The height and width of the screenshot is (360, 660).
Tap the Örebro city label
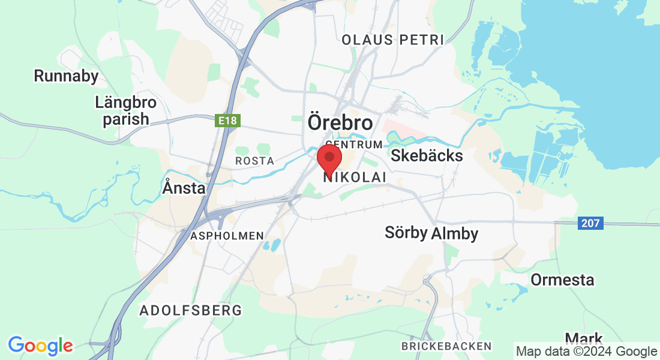click(340, 122)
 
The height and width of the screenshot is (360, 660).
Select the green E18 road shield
click(227, 121)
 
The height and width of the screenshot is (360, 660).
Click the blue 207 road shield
click(591, 224)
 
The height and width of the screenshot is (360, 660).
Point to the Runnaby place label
click(66, 76)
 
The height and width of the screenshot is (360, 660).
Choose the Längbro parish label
click(125, 110)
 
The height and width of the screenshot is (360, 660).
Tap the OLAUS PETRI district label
click(392, 40)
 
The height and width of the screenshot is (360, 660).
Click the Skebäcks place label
click(427, 156)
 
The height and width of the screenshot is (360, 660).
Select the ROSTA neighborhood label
click(254, 161)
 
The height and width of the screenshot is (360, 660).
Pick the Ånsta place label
click(184, 188)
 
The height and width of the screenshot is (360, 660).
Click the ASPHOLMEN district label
click(227, 236)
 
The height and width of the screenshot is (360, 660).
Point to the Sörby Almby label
click(431, 233)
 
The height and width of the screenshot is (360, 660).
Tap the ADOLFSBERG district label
click(191, 310)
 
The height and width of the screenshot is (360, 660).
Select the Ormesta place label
click(562, 280)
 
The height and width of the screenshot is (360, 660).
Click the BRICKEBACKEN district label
click(446, 346)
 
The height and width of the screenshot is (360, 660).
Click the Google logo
click(40, 346)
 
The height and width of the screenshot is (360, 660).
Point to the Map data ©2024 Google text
click(586, 352)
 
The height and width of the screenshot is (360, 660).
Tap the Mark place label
click(584, 338)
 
